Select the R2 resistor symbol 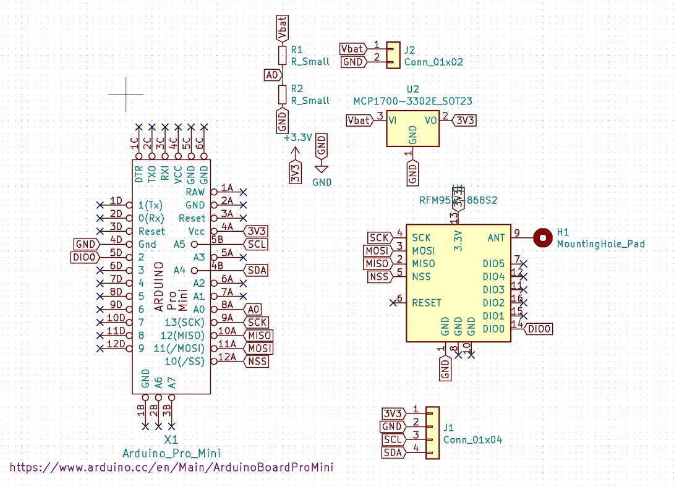pyautogui.click(x=283, y=95)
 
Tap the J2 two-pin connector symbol pyautogui.click(x=393, y=56)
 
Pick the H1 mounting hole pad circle pyautogui.click(x=542, y=237)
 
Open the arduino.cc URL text pyautogui.click(x=171, y=467)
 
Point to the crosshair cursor pyautogui.click(x=126, y=95)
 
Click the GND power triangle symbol pyautogui.click(x=322, y=168)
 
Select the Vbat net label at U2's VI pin pyautogui.click(x=359, y=120)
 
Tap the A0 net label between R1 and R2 pyautogui.click(x=271, y=75)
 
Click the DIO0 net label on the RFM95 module pyautogui.click(x=539, y=329)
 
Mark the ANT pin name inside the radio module pyautogui.click(x=496, y=237)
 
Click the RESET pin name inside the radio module pyautogui.click(x=427, y=303)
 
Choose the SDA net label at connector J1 pyautogui.click(x=393, y=453)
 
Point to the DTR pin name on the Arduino pyautogui.click(x=139, y=171)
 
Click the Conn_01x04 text pyautogui.click(x=472, y=440)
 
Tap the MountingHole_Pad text pyautogui.click(x=600, y=244)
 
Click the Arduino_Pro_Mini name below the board pyautogui.click(x=171, y=453)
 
